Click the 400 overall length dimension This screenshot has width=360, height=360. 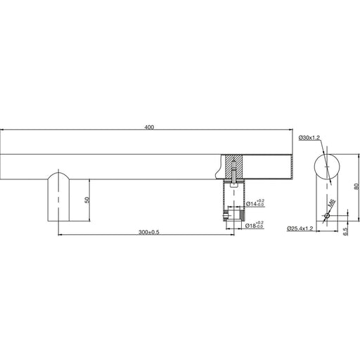point(149,127)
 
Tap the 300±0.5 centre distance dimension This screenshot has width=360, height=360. point(149,232)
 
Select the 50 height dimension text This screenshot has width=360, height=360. point(87,200)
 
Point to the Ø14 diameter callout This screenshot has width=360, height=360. point(255,203)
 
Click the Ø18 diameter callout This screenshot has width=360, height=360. point(255,225)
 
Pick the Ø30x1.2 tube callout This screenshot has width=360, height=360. point(309,138)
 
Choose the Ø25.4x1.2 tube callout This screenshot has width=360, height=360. point(300,229)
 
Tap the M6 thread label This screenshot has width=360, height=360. point(332,202)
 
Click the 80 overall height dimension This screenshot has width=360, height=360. point(356,186)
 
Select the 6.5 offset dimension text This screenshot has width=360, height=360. point(345,231)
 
